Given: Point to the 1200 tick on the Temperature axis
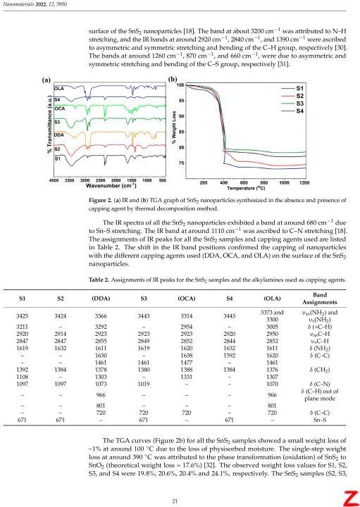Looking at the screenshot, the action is (304, 182).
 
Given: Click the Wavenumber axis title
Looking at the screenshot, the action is (111, 186).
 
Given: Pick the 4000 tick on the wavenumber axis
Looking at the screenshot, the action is (54, 180).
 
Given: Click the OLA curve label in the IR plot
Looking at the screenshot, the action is (59, 88).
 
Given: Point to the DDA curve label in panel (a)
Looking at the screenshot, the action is (59, 134).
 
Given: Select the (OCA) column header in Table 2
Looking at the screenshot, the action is (187, 299).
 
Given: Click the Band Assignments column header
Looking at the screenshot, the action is (320, 299).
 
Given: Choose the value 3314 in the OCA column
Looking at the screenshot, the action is (187, 316).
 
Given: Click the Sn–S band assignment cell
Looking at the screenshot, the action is (320, 420).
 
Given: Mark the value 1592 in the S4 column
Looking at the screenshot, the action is (230, 356).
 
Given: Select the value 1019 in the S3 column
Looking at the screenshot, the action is (144, 384).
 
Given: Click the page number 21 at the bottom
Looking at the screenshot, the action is (175, 501).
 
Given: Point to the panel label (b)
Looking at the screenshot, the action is (173, 80).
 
